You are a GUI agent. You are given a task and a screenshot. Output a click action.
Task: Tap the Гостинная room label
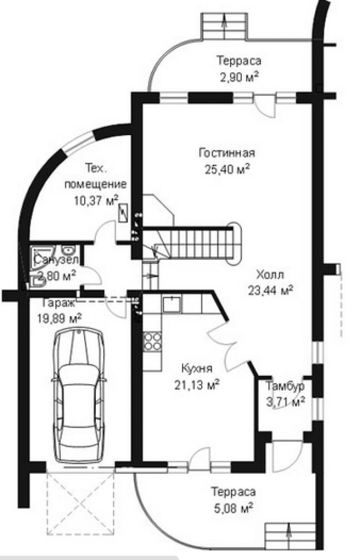[227, 153]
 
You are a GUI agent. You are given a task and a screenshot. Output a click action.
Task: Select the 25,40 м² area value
[227, 168]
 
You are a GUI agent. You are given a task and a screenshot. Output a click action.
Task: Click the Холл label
[270, 275]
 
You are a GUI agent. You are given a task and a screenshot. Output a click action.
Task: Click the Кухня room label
[197, 368]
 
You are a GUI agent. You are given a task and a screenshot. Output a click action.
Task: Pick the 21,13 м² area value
[197, 384]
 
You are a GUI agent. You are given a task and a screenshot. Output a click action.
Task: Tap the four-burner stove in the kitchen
[152, 342]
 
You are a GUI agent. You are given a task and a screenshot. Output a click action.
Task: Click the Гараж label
[58, 303]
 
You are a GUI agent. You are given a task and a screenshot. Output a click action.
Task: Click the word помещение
[95, 184]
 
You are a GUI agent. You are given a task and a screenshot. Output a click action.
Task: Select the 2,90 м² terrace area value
[239, 76]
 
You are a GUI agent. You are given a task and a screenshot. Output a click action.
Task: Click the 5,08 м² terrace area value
[233, 506]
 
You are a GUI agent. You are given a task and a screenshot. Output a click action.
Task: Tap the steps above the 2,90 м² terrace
[224, 26]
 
